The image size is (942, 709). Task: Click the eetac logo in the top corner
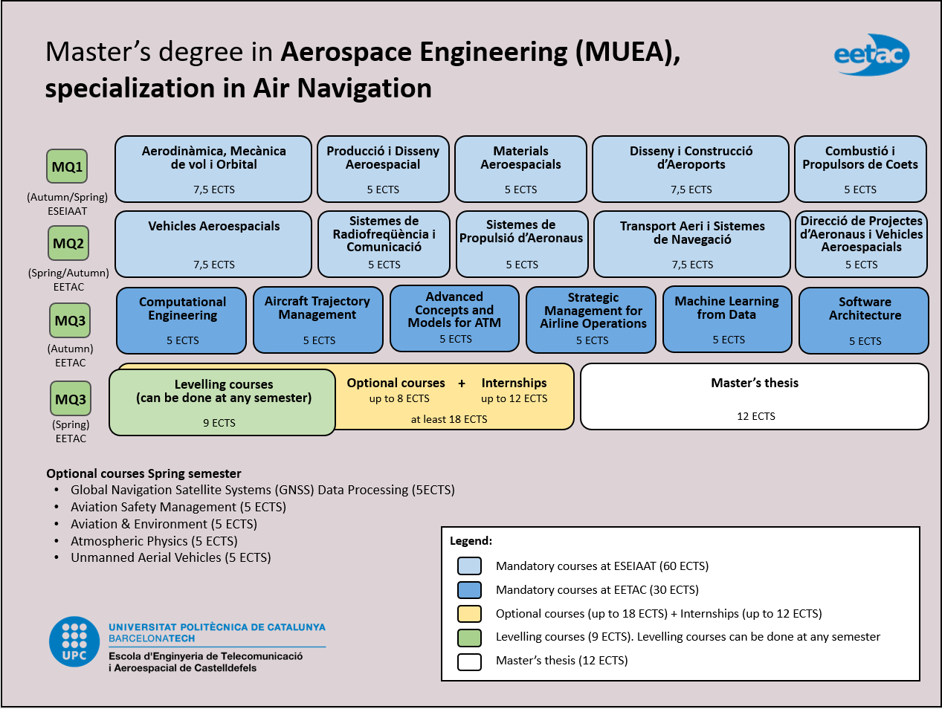871,54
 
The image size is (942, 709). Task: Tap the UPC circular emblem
74,641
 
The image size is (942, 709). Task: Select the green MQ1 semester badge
67,166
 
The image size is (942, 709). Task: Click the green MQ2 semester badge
68,243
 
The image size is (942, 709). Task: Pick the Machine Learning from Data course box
726,319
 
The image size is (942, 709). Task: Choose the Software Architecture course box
864,320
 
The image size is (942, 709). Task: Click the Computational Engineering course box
181,320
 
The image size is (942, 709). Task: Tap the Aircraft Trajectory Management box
318,320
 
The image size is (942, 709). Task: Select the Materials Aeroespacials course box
520,169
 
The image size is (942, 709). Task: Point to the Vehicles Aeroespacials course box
213,244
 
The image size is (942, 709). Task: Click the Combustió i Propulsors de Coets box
860,169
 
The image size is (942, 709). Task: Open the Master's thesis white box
754,396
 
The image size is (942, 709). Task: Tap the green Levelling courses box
222,402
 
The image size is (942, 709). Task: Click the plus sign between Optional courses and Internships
462,383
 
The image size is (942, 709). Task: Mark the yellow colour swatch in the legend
469,614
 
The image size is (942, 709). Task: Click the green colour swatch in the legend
469,638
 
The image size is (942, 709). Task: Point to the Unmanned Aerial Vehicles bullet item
170,557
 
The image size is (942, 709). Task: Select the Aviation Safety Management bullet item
178,507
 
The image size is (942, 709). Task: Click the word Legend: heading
471,541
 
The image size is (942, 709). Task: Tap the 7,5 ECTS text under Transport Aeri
692,265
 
